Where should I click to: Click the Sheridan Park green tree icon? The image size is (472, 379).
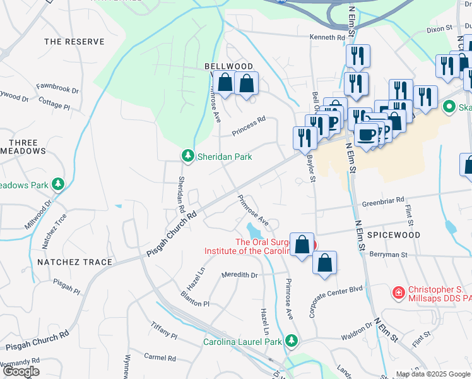187,155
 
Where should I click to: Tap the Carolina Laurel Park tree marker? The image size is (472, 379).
291,342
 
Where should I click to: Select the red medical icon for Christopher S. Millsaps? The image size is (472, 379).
398,292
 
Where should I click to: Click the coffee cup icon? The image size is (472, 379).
366,134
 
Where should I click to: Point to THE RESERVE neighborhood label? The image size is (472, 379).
74,42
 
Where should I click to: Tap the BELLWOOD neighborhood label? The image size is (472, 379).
228,66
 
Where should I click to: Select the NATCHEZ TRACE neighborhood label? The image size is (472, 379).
74,262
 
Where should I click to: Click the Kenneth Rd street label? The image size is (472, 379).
327,38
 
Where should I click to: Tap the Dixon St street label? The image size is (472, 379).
440,28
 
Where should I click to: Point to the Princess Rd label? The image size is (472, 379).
249,125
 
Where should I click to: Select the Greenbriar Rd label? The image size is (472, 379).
382,202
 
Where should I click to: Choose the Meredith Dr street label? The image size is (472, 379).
240,275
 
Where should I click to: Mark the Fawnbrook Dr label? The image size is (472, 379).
57,89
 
